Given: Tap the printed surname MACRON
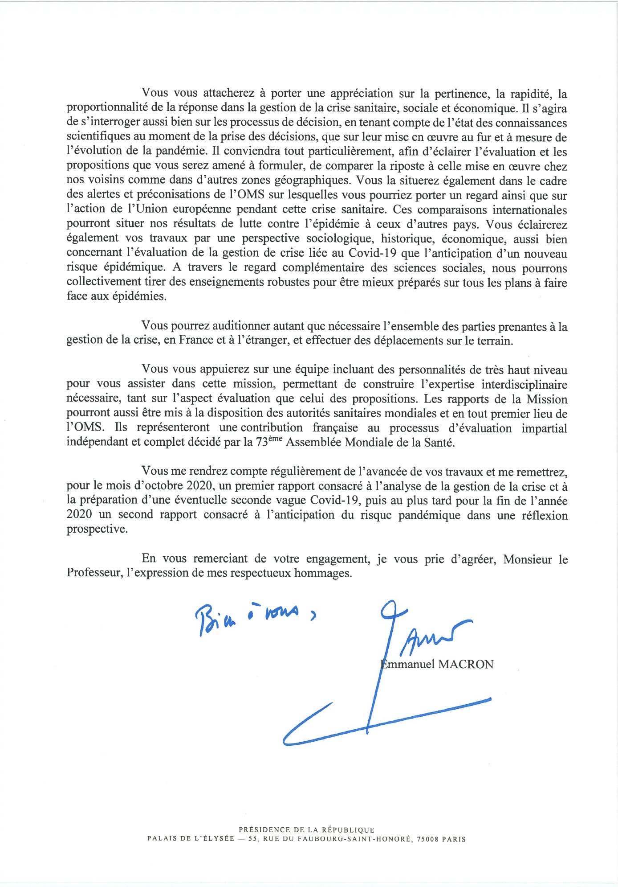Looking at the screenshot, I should coord(466,665).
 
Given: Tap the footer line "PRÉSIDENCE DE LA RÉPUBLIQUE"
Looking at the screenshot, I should coord(307,830).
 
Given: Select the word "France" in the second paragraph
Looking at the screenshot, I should coord(196,341).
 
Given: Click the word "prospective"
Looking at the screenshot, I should coord(97,530).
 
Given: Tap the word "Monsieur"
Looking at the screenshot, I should coord(528,559).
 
